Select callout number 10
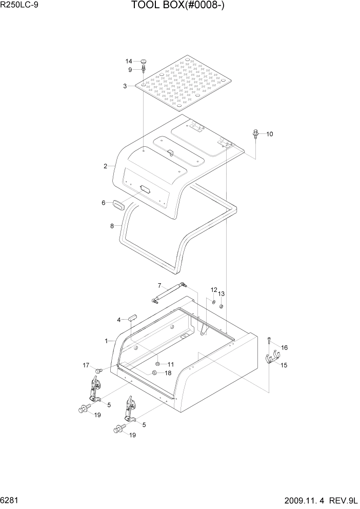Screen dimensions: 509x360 tap(269, 134)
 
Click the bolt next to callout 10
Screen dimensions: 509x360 tap(256, 134)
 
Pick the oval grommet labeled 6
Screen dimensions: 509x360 tap(118, 204)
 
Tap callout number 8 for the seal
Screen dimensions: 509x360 tap(112, 225)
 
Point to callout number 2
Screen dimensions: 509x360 tap(105, 166)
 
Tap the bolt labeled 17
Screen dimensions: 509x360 tap(99, 369)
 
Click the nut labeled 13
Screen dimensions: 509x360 tap(220, 307)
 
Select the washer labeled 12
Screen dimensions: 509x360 tap(213, 301)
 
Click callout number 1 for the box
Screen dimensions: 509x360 tap(106, 341)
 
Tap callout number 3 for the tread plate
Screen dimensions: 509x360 tap(125, 86)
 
